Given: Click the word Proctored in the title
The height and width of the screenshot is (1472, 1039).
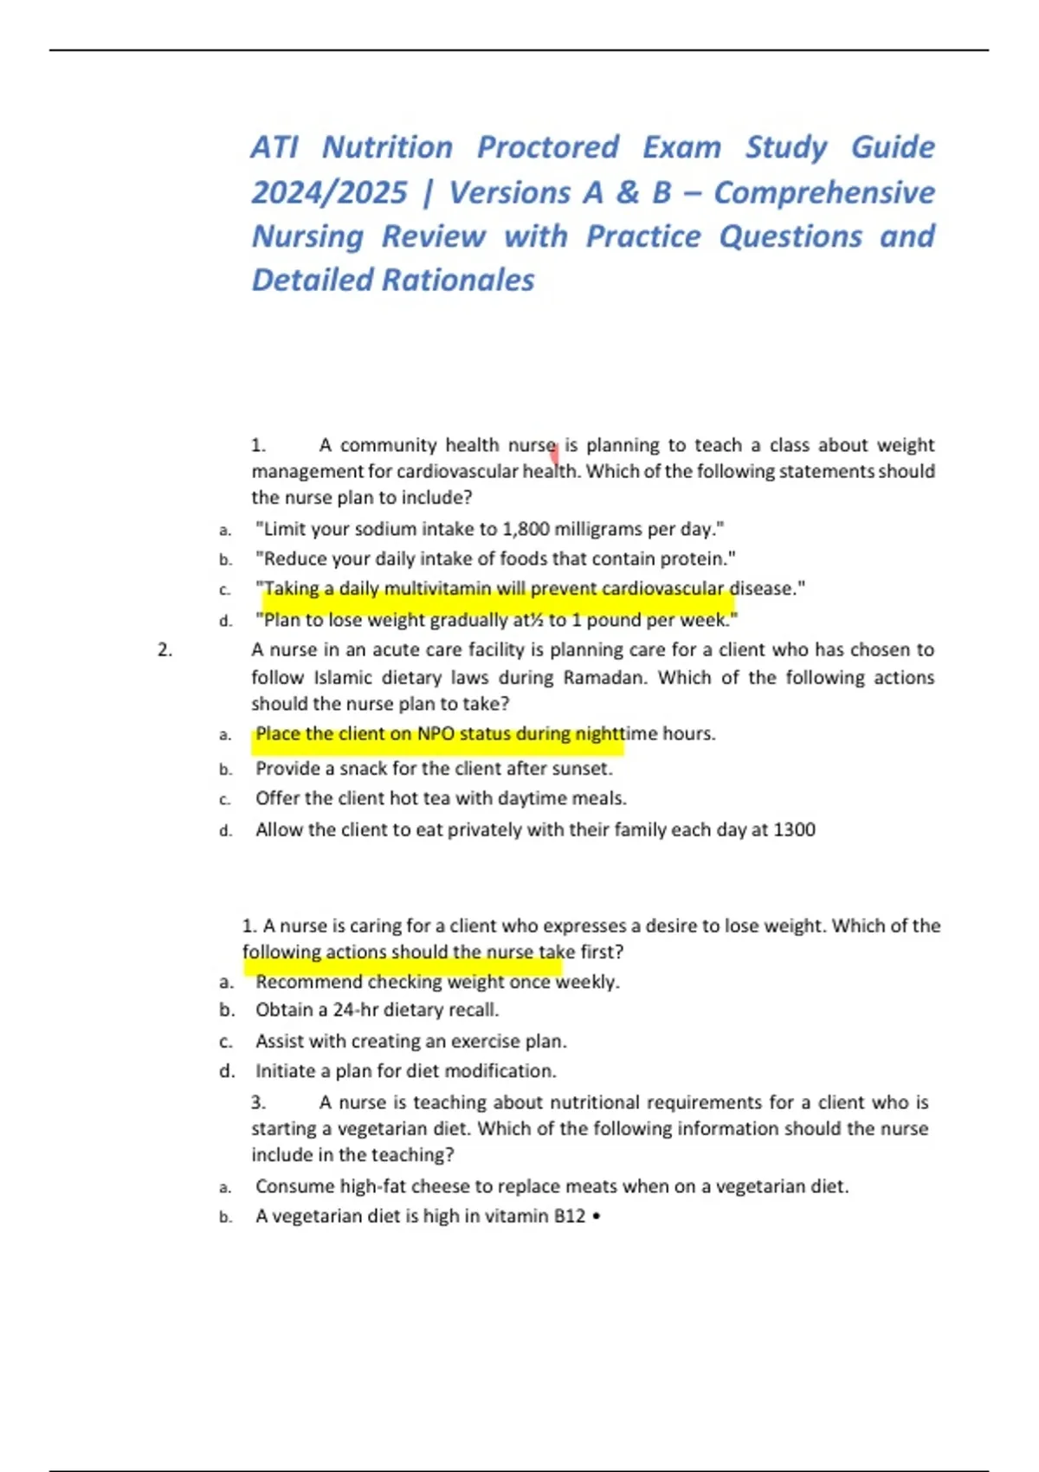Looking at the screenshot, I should [x=548, y=147].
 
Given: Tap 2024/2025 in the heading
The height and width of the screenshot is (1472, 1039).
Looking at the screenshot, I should [x=329, y=192].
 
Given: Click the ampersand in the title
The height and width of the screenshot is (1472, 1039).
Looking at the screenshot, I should [x=628, y=192].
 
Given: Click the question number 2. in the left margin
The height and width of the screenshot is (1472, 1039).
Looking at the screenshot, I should [x=165, y=650].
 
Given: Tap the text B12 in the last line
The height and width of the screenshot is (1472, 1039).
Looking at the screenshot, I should [x=570, y=1217].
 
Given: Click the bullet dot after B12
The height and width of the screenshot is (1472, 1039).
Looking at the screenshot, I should [x=597, y=1217].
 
